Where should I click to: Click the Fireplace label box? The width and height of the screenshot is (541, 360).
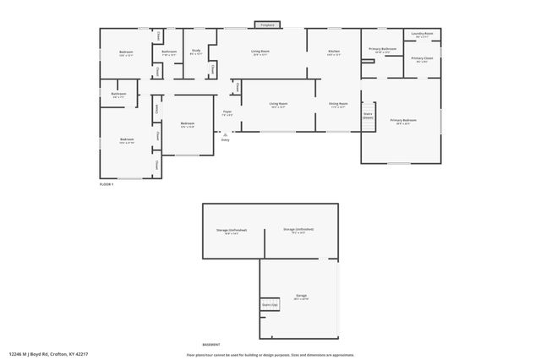266,25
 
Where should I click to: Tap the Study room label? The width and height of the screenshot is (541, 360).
196,52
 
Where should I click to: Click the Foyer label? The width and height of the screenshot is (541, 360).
227,112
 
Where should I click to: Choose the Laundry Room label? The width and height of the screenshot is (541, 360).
423,35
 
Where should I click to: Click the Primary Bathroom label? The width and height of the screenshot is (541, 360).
383,51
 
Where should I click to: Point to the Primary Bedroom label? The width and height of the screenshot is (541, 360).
400,122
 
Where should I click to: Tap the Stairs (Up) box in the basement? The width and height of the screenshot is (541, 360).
270,303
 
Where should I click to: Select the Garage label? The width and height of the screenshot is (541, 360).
301,297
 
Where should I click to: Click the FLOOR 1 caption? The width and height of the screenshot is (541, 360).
107,183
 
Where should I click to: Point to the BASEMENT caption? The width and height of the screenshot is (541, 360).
211,344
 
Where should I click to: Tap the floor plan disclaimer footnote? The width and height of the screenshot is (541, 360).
270,355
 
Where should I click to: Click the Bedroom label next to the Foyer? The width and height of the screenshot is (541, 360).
187,125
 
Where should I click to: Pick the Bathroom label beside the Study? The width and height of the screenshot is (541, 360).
169,52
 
